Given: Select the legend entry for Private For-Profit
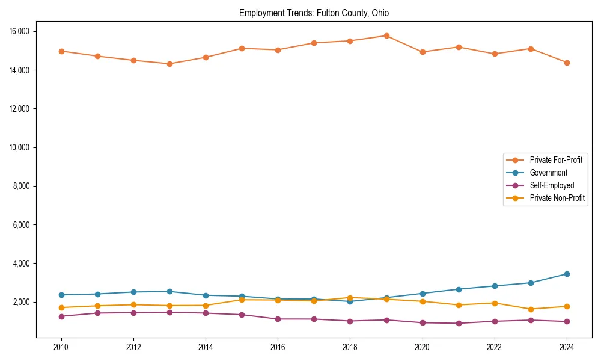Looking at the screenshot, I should pos(556,160).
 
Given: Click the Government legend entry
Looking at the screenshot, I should pos(548,173).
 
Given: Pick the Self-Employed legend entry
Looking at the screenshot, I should pos(552,185).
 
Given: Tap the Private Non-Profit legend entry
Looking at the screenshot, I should pos(557,198).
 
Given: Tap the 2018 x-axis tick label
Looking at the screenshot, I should pos(350,347).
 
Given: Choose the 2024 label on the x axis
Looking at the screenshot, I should pos(567,347).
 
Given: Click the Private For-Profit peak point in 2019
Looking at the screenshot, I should pos(386,35).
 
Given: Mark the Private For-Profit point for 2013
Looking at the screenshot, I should pos(169,64).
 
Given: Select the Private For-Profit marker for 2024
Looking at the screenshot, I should pos(567,63).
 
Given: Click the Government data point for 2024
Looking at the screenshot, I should pos(567,274).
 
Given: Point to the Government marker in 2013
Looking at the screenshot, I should pos(169,291).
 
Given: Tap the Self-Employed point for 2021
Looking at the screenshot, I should pos(459,323).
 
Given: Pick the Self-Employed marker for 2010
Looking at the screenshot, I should pos(61,316).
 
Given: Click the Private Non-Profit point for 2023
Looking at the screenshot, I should pos(531,309).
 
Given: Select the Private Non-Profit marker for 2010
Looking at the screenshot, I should pos(61,307).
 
